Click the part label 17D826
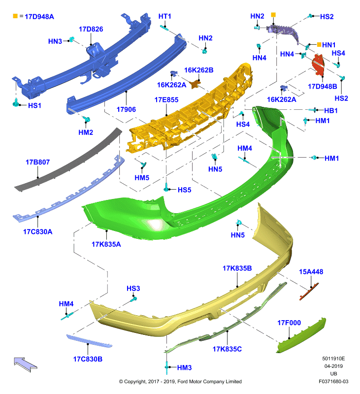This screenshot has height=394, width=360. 91,29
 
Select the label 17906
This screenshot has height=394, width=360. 126,109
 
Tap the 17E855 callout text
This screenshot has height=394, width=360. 166,100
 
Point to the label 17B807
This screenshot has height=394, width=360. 38,162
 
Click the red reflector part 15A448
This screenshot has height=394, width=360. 309,292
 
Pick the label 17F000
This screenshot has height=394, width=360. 289,323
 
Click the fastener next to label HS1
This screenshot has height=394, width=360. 16,103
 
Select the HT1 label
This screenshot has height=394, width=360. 164,16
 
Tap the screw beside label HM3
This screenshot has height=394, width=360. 166,367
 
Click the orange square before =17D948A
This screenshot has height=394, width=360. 15,16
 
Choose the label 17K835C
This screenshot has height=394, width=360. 227,349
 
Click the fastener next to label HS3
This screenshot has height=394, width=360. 133,299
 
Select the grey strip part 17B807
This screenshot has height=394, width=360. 68,159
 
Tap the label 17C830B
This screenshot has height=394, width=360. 88,359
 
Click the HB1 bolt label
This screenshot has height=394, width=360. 331,110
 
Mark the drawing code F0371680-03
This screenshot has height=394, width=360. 333,381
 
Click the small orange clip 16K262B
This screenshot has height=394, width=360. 195,84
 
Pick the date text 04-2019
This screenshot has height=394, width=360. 333,366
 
